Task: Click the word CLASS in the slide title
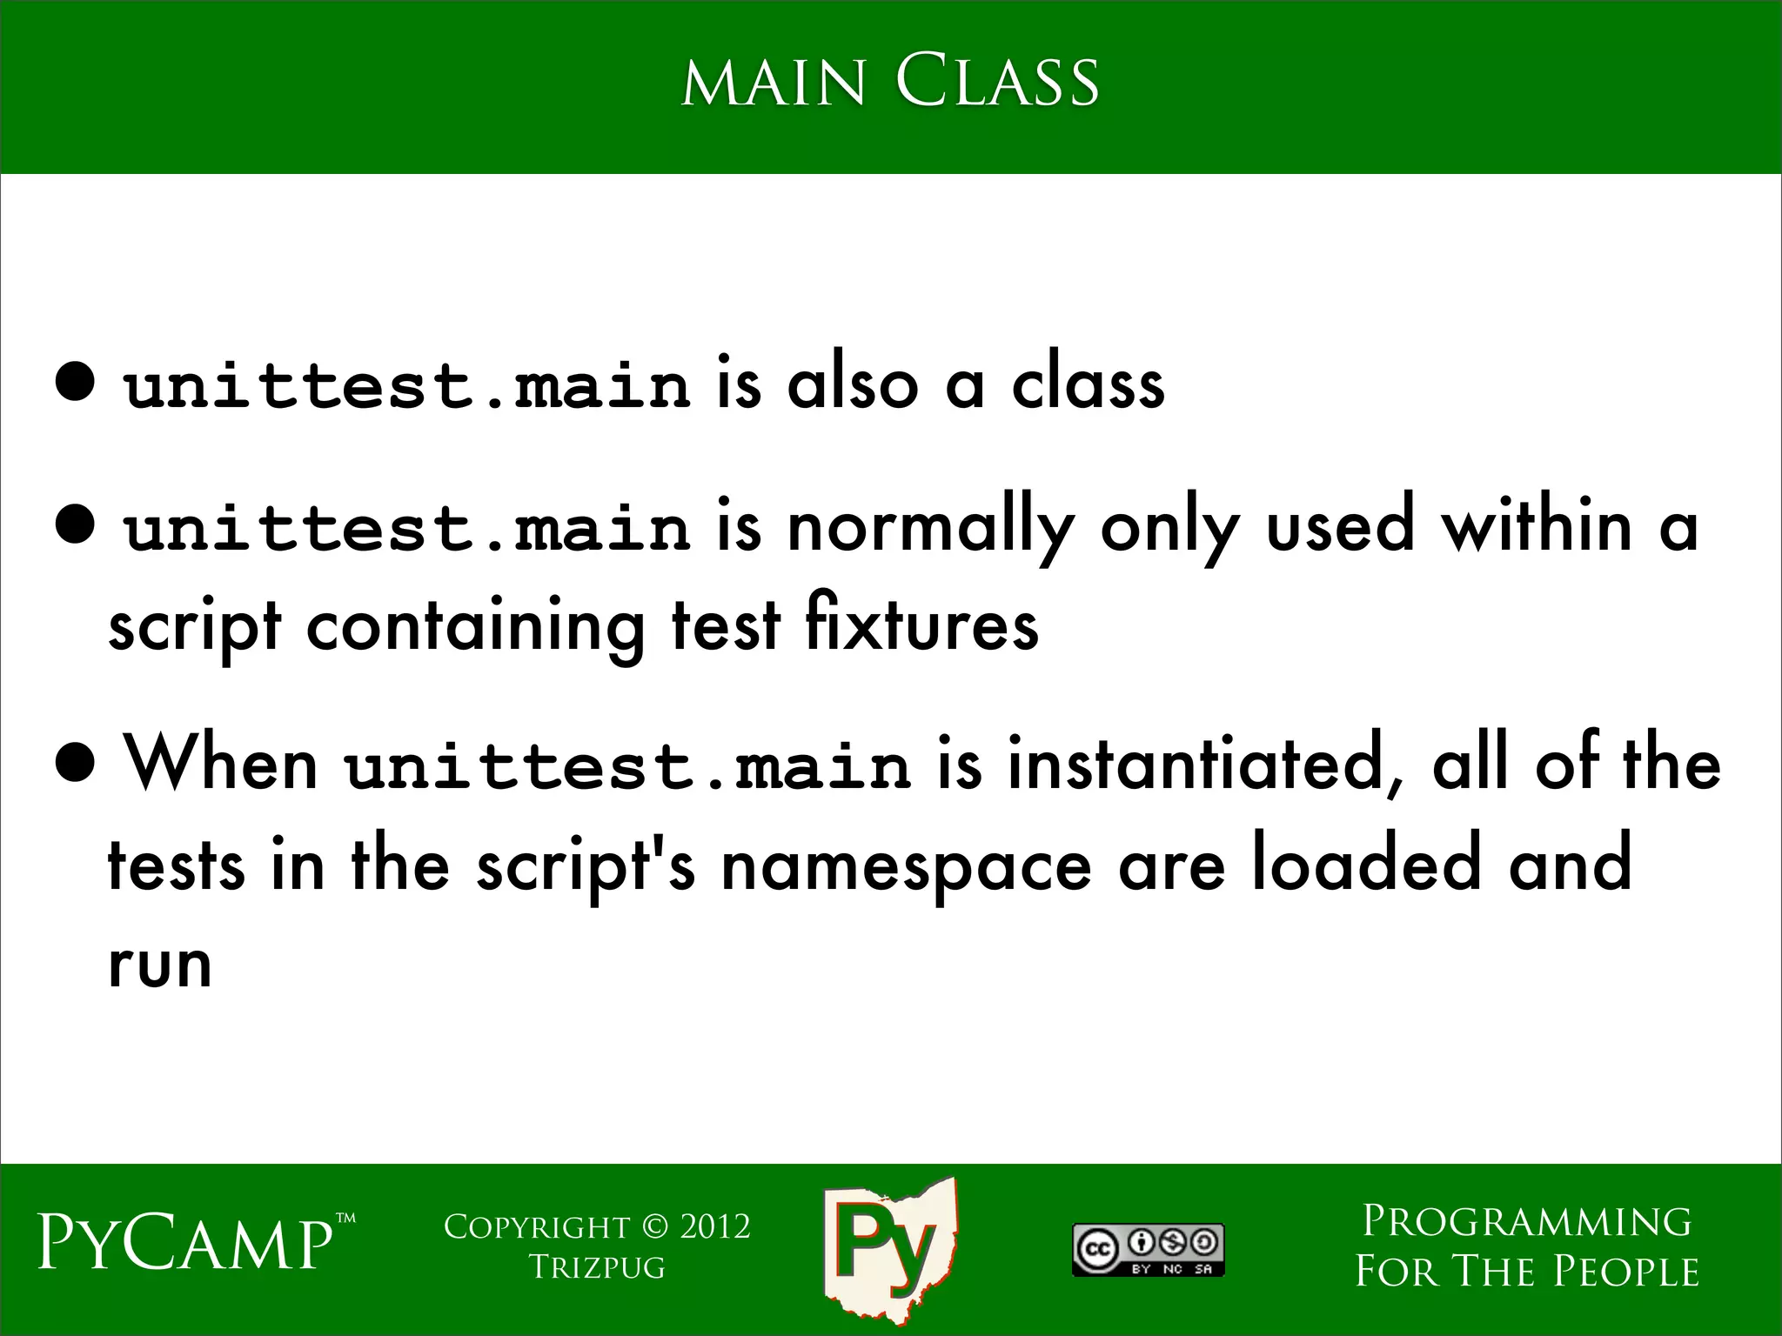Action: [x=997, y=82]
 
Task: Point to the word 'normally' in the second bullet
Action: [x=930, y=528]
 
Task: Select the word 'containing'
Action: [x=475, y=626]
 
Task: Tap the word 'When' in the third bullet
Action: [x=222, y=764]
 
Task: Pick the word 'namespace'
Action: [x=906, y=867]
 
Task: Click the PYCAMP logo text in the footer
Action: [x=186, y=1245]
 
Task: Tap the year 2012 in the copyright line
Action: [x=714, y=1227]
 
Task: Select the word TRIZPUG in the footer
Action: [x=597, y=1267]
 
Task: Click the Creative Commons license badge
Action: [x=1148, y=1250]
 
